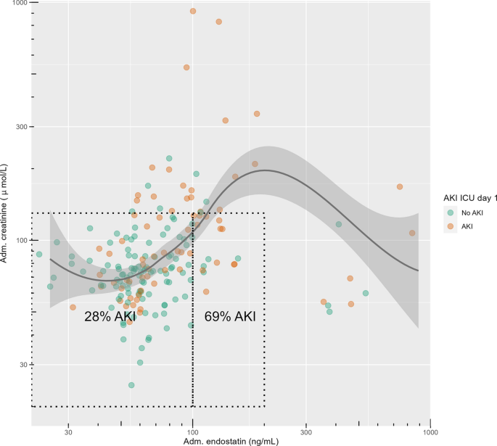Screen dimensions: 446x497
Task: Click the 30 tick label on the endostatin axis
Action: pos(68,431)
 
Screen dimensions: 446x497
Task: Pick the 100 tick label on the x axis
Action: pos(192,431)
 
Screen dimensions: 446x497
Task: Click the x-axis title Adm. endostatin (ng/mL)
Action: pos(231,440)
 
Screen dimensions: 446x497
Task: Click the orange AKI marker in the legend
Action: pos(451,226)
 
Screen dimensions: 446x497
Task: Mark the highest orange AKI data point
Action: pos(193,11)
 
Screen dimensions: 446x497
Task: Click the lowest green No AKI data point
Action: pos(131,385)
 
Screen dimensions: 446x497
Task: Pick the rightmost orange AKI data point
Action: pos(412,233)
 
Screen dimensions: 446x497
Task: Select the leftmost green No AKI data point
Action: pos(39,255)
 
